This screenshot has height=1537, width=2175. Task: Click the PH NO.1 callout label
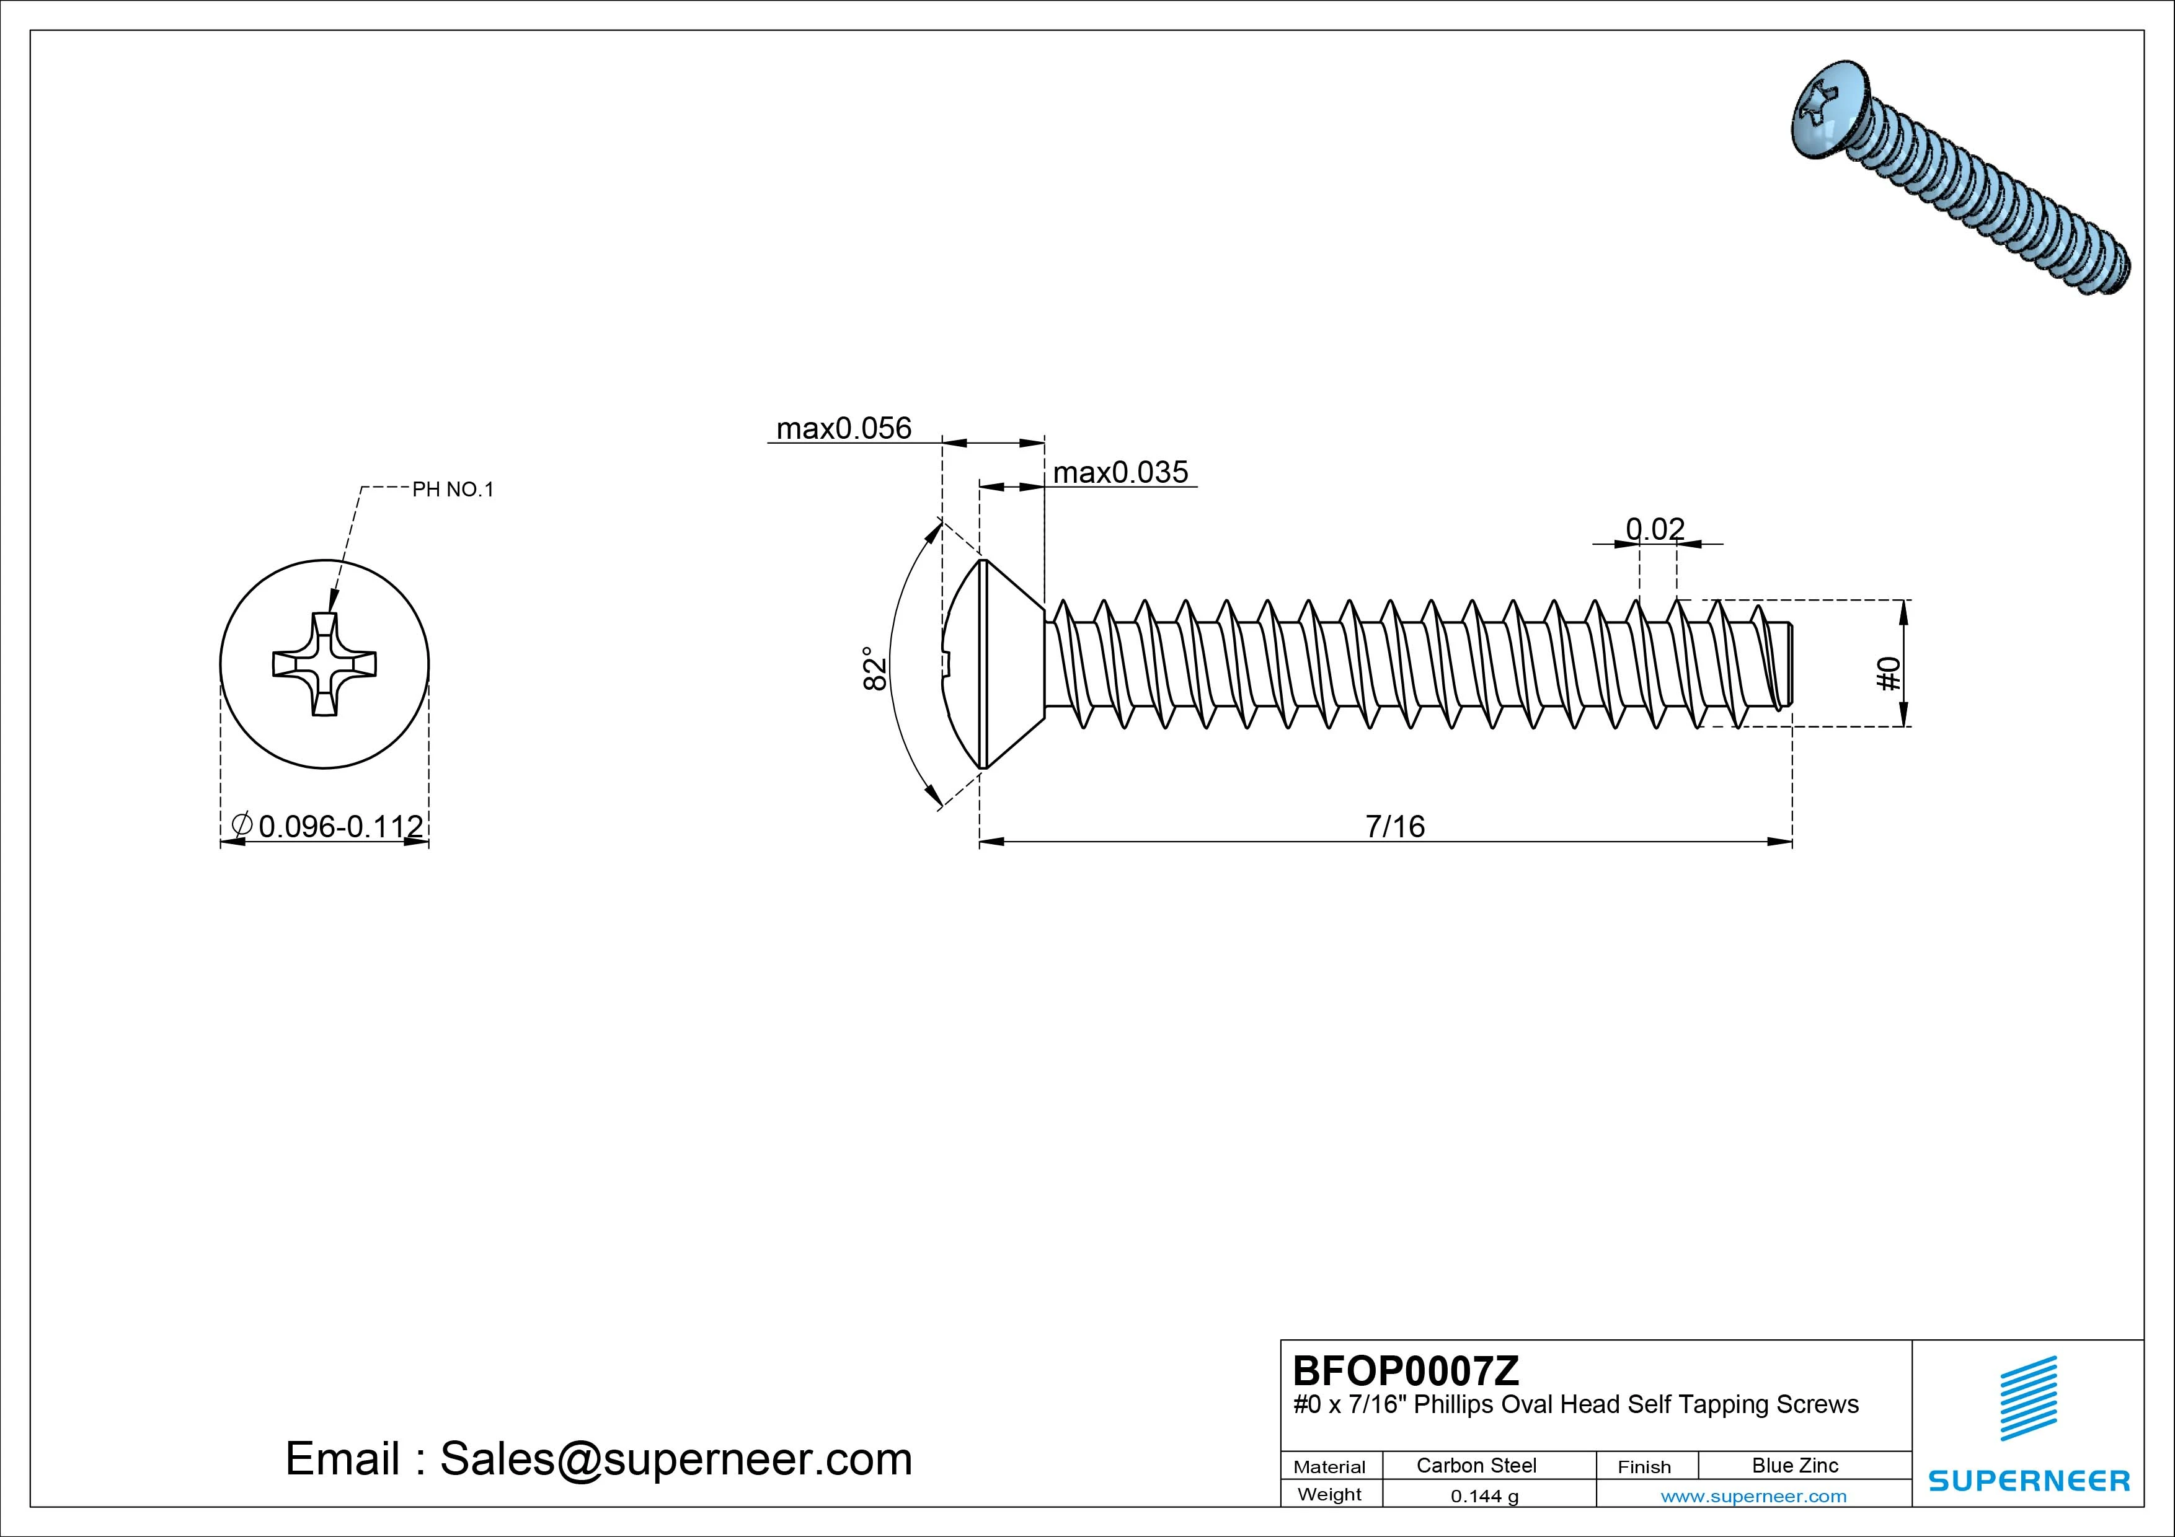click(453, 490)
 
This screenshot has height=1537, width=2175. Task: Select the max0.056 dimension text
click(843, 428)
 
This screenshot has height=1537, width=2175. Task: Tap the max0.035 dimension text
click(1120, 472)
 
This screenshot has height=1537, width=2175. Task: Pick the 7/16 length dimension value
click(1394, 826)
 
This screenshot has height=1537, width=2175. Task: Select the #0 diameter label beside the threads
click(1888, 674)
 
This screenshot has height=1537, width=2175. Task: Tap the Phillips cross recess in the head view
click(324, 664)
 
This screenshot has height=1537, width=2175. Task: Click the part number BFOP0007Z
click(1406, 1370)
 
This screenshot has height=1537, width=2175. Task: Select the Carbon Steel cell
click(1476, 1465)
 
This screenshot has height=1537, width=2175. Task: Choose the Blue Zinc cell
click(1795, 1465)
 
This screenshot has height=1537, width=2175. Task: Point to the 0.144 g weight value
click(1484, 1496)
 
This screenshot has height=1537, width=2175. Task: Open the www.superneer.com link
click(1753, 1496)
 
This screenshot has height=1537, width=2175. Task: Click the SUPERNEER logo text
click(2029, 1480)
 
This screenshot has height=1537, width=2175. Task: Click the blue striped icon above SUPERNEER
click(2028, 1398)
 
